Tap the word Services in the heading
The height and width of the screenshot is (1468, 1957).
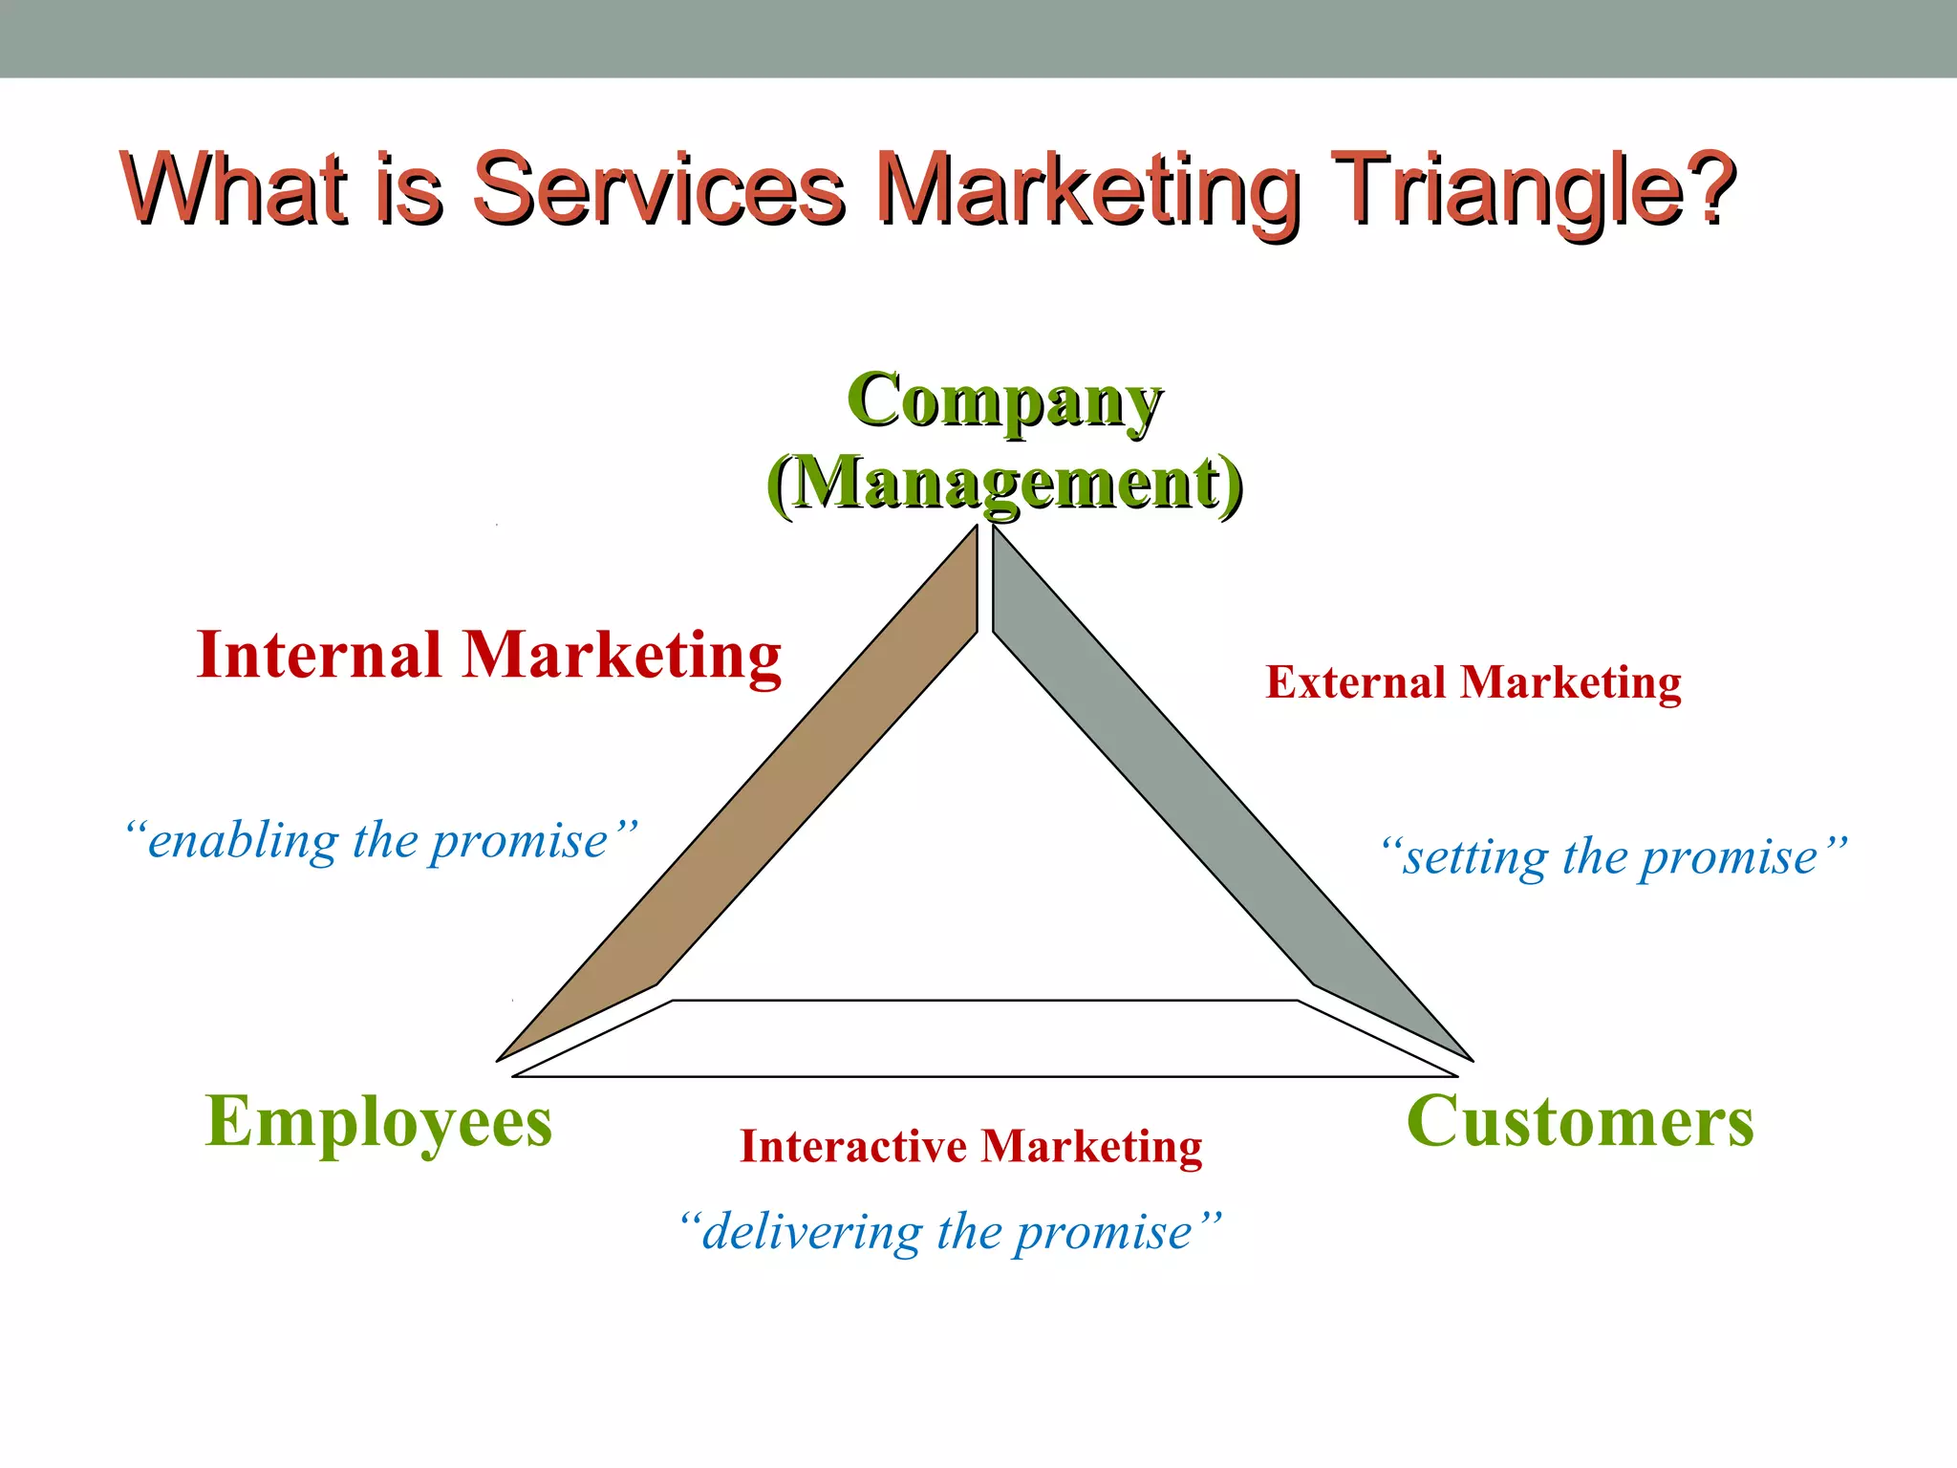659,188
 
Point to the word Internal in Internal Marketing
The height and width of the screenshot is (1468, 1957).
319,656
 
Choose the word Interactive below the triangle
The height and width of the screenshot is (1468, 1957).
853,1146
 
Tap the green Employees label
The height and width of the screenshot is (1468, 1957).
378,1122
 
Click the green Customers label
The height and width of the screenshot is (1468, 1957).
1580,1122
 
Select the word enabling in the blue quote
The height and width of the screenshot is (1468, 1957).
243,842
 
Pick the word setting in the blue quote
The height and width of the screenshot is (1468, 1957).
1474,857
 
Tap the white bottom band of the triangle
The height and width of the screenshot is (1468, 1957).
984,1039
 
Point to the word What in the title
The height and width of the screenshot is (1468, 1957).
234,188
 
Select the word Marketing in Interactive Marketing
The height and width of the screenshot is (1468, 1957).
1091,1146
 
